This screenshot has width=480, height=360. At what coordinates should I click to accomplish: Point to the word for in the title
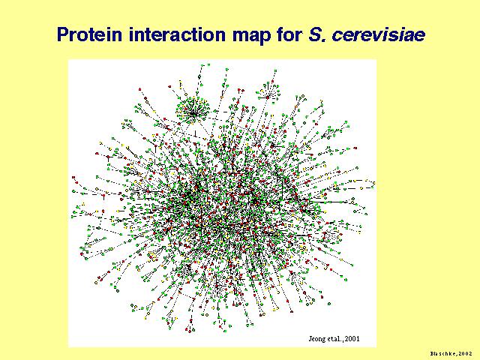click(x=289, y=34)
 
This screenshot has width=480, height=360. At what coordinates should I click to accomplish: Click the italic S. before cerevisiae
click(x=317, y=34)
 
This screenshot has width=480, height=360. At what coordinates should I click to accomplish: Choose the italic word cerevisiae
click(x=379, y=35)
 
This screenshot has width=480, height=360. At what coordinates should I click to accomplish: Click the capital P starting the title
click(x=63, y=34)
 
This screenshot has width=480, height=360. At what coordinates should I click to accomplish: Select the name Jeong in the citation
click(x=315, y=339)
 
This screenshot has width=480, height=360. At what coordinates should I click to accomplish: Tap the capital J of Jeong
click(x=310, y=339)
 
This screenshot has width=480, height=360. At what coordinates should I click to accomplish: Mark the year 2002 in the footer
click(x=465, y=353)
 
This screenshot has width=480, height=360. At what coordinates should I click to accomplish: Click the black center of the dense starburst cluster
click(x=193, y=114)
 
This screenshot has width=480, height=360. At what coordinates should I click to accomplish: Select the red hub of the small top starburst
click(x=268, y=97)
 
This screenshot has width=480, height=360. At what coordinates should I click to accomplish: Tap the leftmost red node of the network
click(x=73, y=177)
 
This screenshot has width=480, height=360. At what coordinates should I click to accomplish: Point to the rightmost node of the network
click(x=373, y=183)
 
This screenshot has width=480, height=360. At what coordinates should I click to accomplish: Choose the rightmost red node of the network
click(x=355, y=148)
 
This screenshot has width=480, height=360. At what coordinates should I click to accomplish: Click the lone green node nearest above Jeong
click(x=329, y=304)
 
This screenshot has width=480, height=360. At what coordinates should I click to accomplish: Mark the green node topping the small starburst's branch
click(x=275, y=70)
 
